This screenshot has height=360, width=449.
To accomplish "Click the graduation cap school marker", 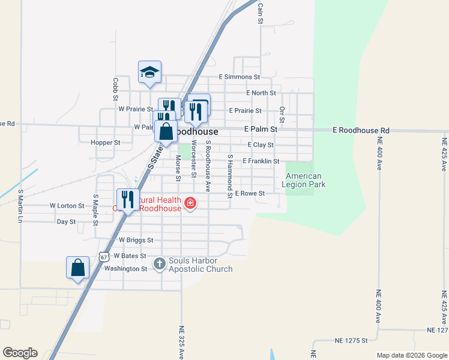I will click(149, 73).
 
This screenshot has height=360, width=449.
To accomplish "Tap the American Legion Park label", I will click(306, 180).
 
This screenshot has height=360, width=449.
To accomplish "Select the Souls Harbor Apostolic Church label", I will click(200, 265).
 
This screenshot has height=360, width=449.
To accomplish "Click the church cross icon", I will click(160, 263).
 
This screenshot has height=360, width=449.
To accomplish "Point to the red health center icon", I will click(190, 203).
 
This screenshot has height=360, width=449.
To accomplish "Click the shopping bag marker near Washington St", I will click(78, 268).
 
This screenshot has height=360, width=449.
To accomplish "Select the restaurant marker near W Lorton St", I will click(127, 200).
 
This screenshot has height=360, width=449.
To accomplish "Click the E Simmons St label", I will click(239, 77).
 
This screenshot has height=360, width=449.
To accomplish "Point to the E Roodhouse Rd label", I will click(361, 130).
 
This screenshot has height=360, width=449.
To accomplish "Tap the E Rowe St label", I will click(250, 193).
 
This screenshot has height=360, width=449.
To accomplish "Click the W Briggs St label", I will click(136, 239).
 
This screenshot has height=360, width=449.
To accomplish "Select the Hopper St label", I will click(105, 143).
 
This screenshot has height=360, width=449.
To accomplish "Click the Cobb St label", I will click(115, 88).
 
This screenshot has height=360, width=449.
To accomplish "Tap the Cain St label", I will click(261, 13).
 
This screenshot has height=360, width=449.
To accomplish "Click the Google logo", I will click(20, 353).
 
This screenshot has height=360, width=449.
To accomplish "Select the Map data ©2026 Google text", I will click(411, 355).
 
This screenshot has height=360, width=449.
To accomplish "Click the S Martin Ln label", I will click(20, 206).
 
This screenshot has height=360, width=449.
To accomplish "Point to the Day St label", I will click(66, 221).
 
